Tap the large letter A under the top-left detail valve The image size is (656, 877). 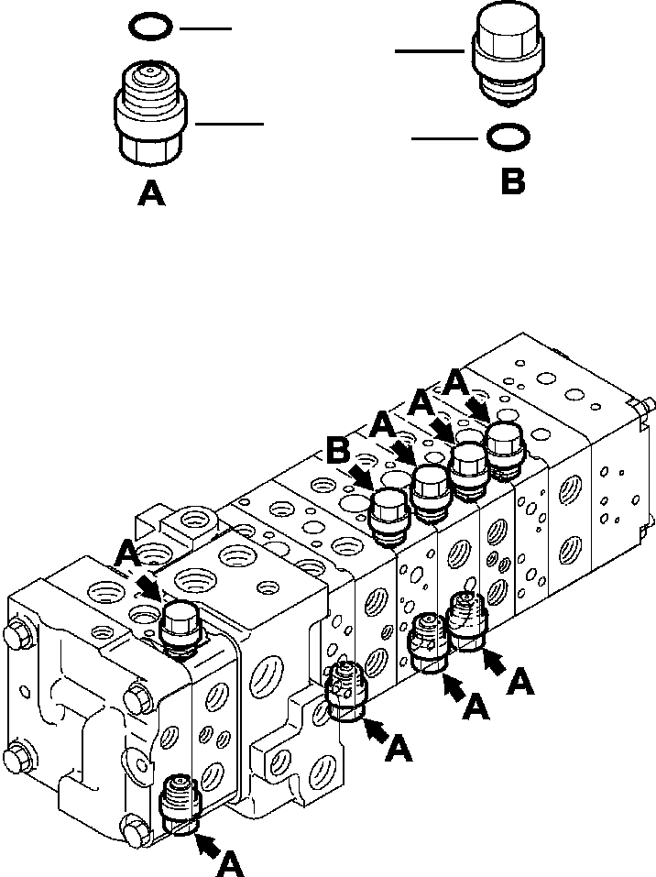151,193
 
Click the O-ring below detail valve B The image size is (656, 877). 506,137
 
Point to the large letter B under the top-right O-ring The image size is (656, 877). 512,180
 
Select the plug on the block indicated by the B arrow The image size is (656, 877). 391,513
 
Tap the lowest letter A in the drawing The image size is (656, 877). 231,862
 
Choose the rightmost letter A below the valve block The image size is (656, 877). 521,681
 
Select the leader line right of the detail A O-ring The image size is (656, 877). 205,28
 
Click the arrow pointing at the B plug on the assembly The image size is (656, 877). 362,477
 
